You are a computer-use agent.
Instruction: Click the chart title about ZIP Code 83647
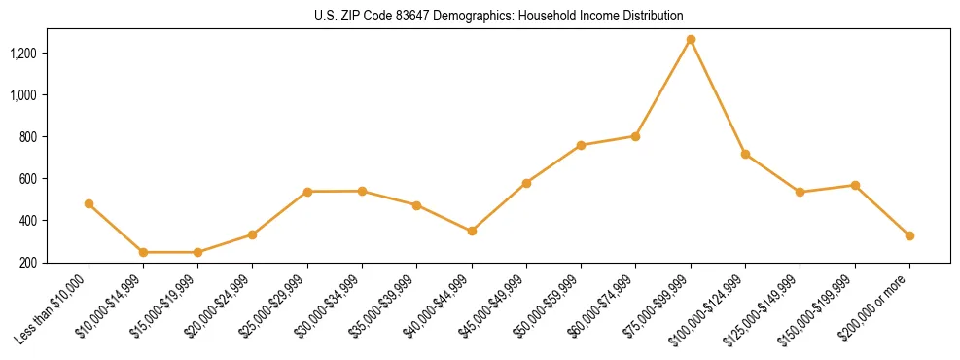click(499, 16)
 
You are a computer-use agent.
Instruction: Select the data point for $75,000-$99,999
click(691, 40)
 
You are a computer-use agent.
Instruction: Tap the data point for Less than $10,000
click(89, 204)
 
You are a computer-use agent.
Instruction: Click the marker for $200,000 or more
click(909, 235)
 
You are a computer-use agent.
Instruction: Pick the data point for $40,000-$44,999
click(472, 232)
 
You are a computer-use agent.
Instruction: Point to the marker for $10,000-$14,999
click(143, 252)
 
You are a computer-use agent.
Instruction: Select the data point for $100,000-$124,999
click(745, 154)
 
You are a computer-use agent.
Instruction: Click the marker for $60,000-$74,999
click(635, 136)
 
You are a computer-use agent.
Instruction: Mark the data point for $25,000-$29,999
click(307, 192)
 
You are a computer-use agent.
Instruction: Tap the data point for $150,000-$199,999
click(855, 185)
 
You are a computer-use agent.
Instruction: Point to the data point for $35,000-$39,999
click(416, 205)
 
